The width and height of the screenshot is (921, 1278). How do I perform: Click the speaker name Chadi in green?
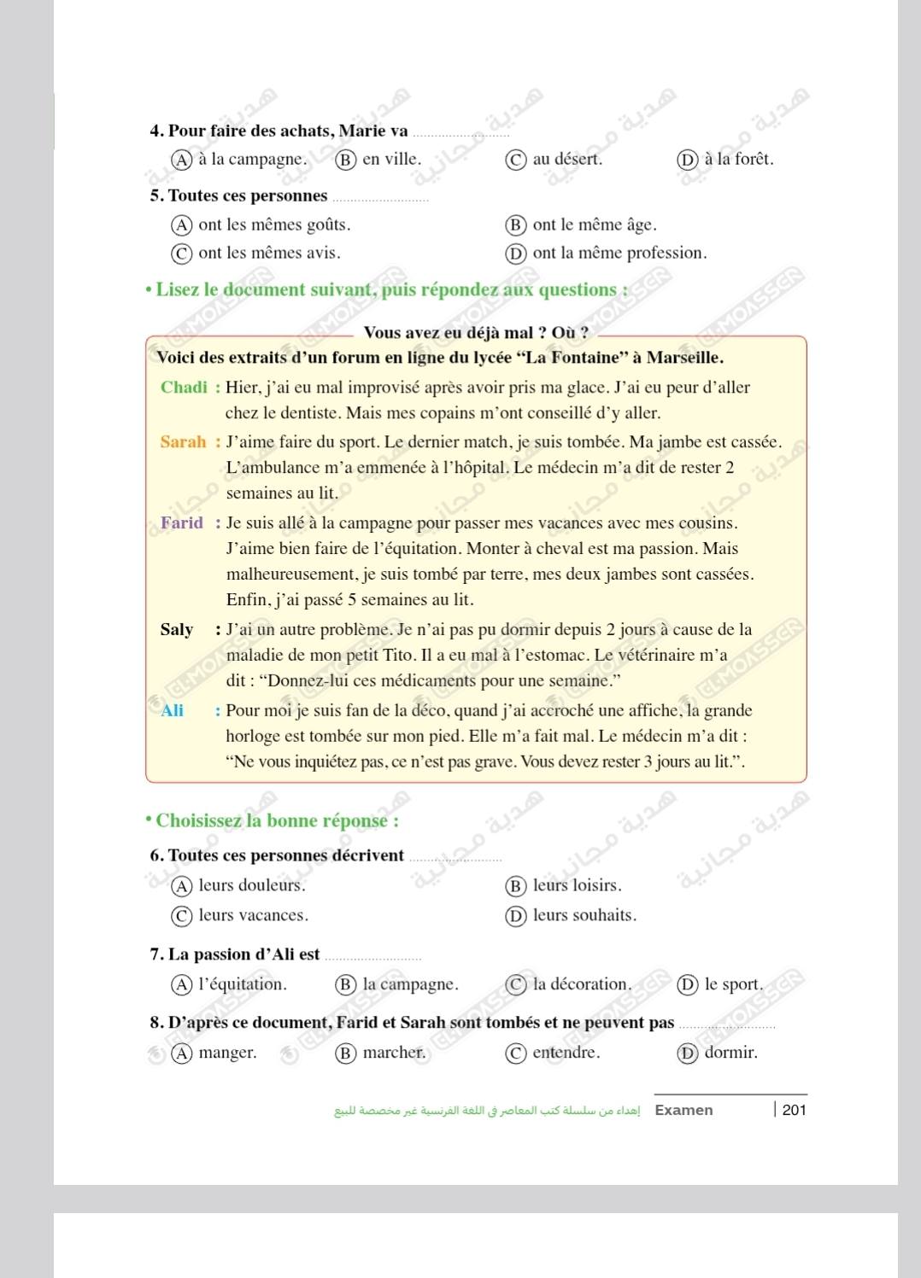coord(184,388)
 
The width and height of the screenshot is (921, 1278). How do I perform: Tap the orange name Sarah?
coord(183,442)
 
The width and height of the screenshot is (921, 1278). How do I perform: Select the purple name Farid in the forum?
coord(182,523)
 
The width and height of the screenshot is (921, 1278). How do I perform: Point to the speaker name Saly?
coord(177,630)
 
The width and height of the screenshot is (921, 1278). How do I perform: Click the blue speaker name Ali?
coord(172,711)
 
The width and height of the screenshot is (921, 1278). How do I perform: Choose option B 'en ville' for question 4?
coord(391,160)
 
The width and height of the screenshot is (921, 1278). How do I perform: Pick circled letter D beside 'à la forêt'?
coord(687,160)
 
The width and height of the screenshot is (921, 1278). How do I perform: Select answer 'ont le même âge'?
coord(594,225)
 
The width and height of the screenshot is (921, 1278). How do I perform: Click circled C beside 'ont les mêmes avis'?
coord(181,254)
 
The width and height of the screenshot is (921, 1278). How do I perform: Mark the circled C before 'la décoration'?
coord(516,985)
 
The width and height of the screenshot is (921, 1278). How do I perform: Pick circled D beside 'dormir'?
coord(687,1053)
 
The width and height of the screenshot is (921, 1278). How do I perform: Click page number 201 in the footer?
coord(794,1110)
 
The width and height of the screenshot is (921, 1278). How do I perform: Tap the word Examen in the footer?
coord(683,1110)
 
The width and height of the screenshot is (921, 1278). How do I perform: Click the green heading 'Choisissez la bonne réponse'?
coord(277,821)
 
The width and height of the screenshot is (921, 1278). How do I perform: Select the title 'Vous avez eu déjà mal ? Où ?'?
coord(476,333)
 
